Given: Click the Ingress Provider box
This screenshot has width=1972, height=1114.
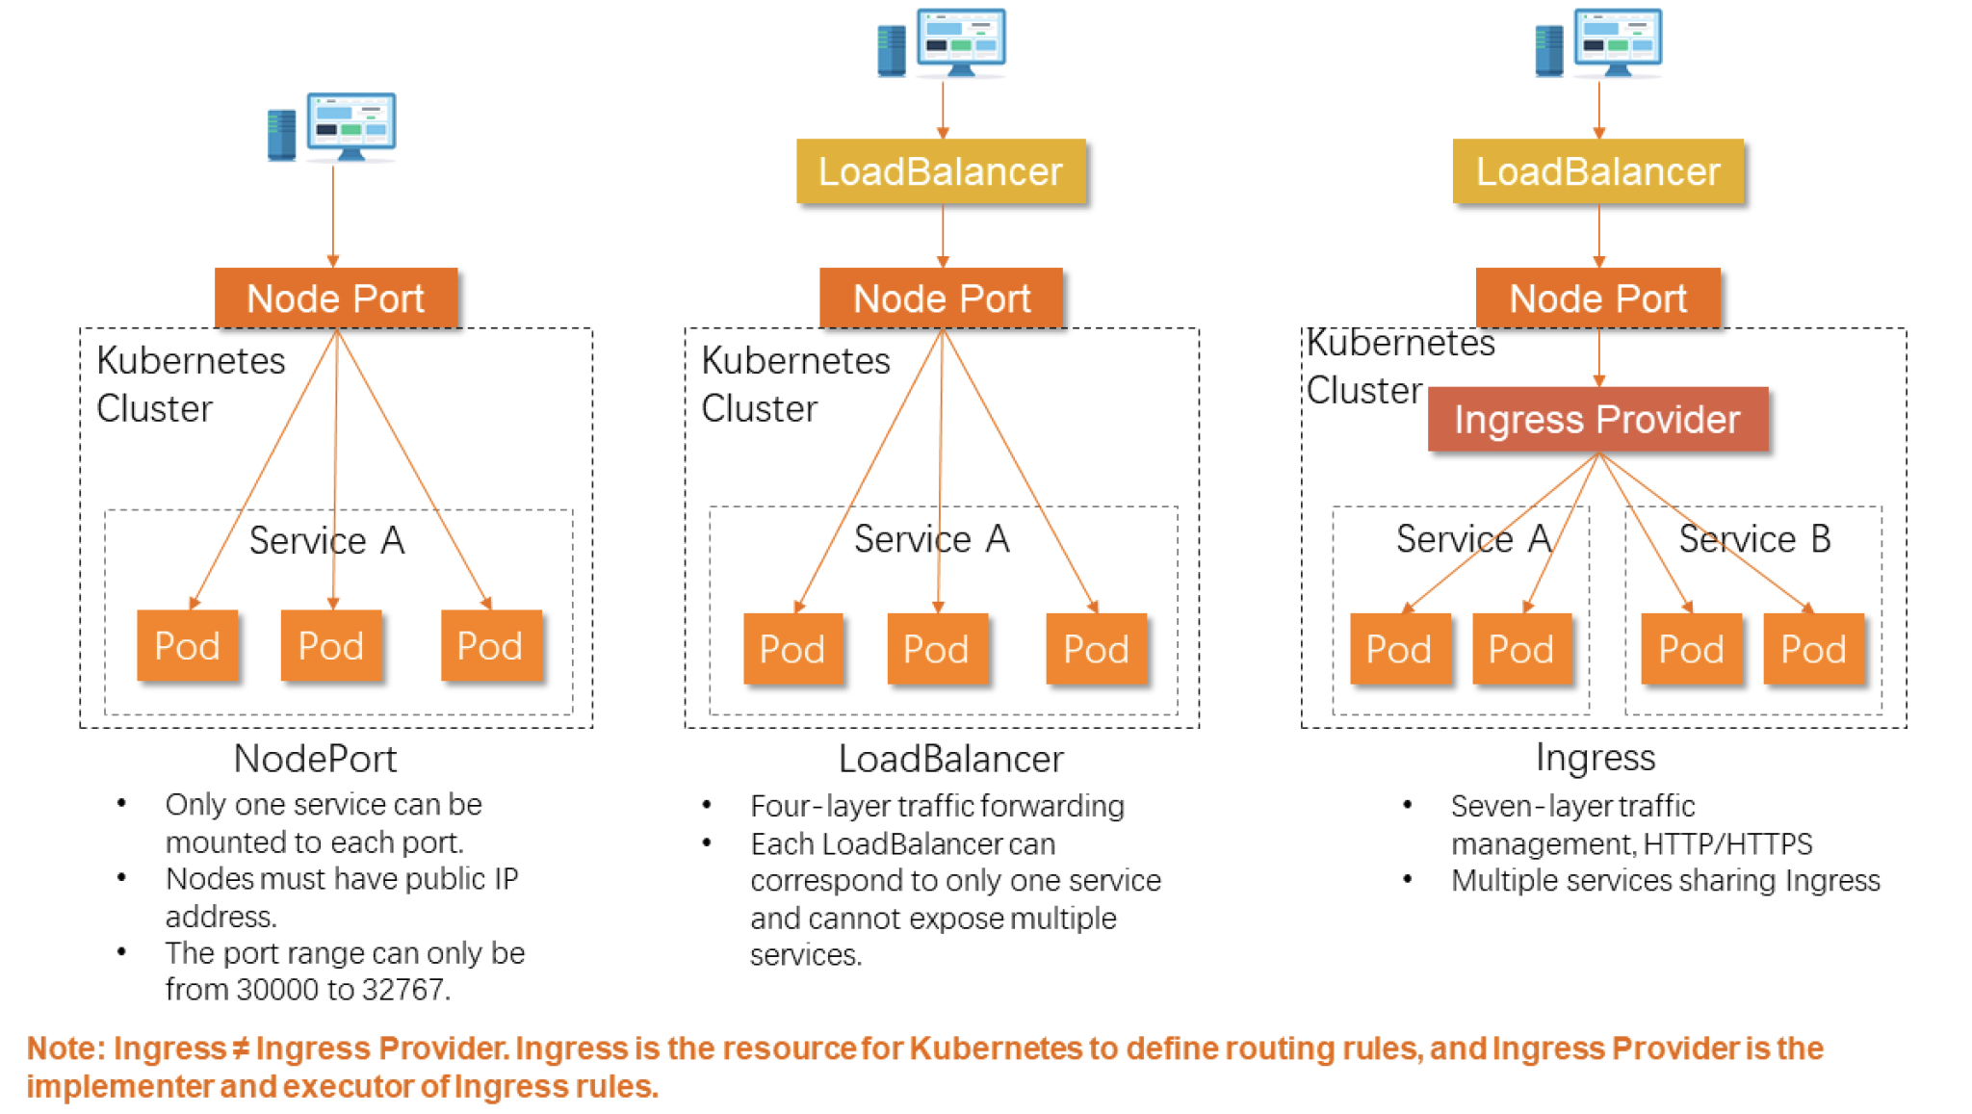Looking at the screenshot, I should (x=1597, y=420).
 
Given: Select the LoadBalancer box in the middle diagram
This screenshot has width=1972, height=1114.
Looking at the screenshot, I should (x=941, y=171).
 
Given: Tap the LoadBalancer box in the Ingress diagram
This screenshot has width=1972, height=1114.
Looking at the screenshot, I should (x=1597, y=171).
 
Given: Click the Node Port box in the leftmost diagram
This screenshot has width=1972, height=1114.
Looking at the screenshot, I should (x=335, y=298).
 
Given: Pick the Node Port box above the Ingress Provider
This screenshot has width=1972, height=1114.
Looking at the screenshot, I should (x=1597, y=298).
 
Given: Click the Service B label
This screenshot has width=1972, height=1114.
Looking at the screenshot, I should (x=1754, y=539).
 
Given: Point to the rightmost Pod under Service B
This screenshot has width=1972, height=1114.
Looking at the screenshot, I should (x=1813, y=650).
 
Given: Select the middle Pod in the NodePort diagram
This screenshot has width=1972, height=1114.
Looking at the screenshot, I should (x=330, y=646).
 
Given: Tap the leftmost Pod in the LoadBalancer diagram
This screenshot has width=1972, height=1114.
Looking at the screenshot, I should (x=791, y=650).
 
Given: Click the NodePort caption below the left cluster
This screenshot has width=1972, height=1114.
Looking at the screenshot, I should (x=315, y=759).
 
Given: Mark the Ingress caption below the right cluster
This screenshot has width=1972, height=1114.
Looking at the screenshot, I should (x=1596, y=758).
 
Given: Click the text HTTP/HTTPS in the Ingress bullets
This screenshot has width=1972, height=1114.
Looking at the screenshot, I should (x=1727, y=844).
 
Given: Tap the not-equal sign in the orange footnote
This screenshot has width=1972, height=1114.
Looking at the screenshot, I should (x=241, y=1048).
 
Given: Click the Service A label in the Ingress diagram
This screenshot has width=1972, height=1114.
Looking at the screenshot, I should (x=1473, y=539).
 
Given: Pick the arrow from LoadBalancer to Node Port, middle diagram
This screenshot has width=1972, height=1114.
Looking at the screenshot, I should (x=943, y=235).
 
